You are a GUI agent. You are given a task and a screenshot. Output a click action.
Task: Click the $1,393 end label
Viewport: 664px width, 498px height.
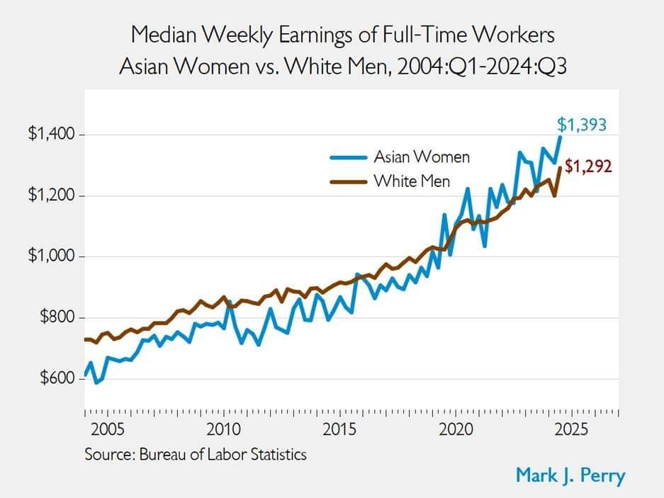click(x=582, y=125)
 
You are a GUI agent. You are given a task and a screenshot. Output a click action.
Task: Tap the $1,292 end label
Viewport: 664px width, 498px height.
click(x=588, y=168)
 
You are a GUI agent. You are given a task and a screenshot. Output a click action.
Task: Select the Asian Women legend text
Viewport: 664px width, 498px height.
click(x=422, y=157)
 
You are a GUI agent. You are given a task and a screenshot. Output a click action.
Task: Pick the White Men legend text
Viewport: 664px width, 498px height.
click(x=412, y=181)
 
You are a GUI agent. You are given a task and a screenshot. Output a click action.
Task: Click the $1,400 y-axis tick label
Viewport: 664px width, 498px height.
click(x=51, y=135)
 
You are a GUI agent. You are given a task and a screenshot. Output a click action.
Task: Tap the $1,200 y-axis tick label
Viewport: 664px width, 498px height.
click(x=51, y=196)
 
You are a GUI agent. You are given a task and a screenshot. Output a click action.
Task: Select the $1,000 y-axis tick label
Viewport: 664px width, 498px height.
click(x=51, y=256)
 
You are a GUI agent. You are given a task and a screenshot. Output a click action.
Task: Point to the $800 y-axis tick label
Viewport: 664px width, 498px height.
click(x=55, y=317)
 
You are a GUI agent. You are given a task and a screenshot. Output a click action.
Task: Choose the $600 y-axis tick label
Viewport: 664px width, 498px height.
click(x=55, y=378)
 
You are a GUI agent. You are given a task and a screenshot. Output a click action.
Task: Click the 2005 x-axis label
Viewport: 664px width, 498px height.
click(x=108, y=430)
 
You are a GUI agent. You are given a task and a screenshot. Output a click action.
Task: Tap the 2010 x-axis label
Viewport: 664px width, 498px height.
click(x=224, y=430)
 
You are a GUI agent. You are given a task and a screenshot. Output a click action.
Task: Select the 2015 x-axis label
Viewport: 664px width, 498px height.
click(x=340, y=430)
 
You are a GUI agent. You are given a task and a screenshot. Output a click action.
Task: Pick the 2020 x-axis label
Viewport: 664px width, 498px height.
click(x=456, y=430)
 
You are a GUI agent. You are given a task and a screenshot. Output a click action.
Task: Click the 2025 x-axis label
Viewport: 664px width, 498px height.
click(x=572, y=430)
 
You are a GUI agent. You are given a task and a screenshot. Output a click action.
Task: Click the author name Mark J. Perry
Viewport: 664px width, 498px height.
click(x=570, y=475)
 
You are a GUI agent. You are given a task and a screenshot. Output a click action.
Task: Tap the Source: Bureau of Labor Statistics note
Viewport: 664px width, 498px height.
click(x=196, y=454)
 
